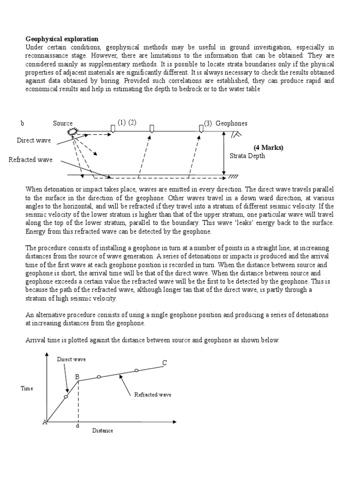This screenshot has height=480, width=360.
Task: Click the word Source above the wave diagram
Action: [x=63, y=123]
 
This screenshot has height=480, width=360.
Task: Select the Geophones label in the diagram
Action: [x=231, y=123]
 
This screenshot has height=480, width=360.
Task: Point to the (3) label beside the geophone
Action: [x=208, y=123]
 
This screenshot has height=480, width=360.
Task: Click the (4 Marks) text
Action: [x=269, y=148]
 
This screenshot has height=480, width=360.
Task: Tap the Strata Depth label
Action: [x=247, y=156]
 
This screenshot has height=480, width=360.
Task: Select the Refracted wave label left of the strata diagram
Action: [x=30, y=160]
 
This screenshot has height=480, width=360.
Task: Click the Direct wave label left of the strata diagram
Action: [x=34, y=140]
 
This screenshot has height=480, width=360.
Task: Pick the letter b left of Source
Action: [x=22, y=123]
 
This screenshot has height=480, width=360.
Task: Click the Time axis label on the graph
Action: [x=27, y=389]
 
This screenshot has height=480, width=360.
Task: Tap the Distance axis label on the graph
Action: [x=102, y=430]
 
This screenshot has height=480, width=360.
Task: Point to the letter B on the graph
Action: [x=77, y=376]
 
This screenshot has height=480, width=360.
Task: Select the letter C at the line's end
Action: [x=165, y=362]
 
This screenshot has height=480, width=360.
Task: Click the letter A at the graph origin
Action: [x=45, y=422]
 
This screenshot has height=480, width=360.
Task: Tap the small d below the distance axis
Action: [x=78, y=426]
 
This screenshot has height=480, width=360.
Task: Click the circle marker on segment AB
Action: [x=66, y=397]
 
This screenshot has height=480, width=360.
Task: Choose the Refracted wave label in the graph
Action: [x=153, y=395]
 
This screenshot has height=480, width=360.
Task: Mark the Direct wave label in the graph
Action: [x=71, y=359]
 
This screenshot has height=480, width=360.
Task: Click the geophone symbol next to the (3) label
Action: [x=201, y=128]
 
